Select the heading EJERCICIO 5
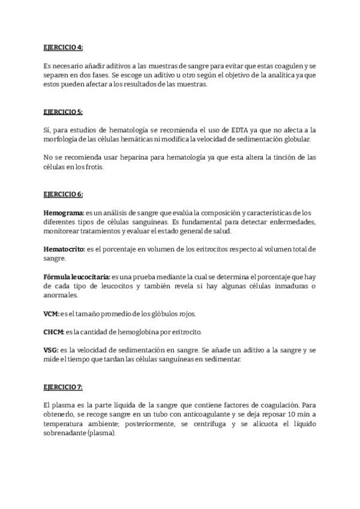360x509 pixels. click(63, 112)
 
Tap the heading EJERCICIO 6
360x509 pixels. click(63, 194)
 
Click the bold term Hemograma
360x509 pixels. click(64, 213)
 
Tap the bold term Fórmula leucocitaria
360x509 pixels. click(77, 277)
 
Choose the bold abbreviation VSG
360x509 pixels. click(51, 350)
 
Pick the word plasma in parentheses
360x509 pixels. click(106, 433)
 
